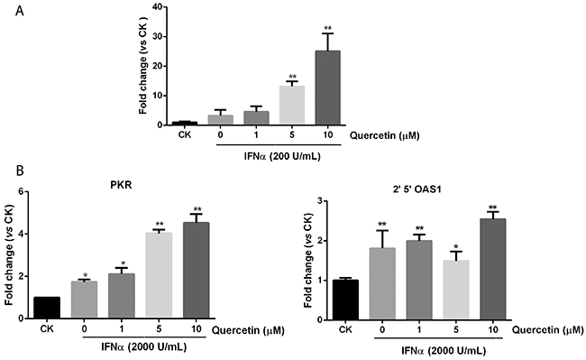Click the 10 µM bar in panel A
coord(327,88)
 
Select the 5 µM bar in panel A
coord(292,105)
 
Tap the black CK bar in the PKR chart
coord(47,308)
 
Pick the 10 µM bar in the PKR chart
coord(197,271)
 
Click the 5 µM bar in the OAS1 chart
coord(455,291)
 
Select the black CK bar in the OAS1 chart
coord(345,300)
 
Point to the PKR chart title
coord(122,185)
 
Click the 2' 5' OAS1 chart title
coord(419,189)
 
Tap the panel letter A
coord(20,11)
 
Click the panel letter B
coord(20,171)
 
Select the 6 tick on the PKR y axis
coord(21,192)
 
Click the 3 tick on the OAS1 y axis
coord(319,201)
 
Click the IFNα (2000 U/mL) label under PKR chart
coord(144,346)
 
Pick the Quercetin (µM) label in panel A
coord(385,135)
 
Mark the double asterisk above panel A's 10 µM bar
coord(328,28)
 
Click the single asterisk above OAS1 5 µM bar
coord(456,245)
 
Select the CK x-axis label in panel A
coord(184,134)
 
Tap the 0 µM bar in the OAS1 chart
coord(382,283)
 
